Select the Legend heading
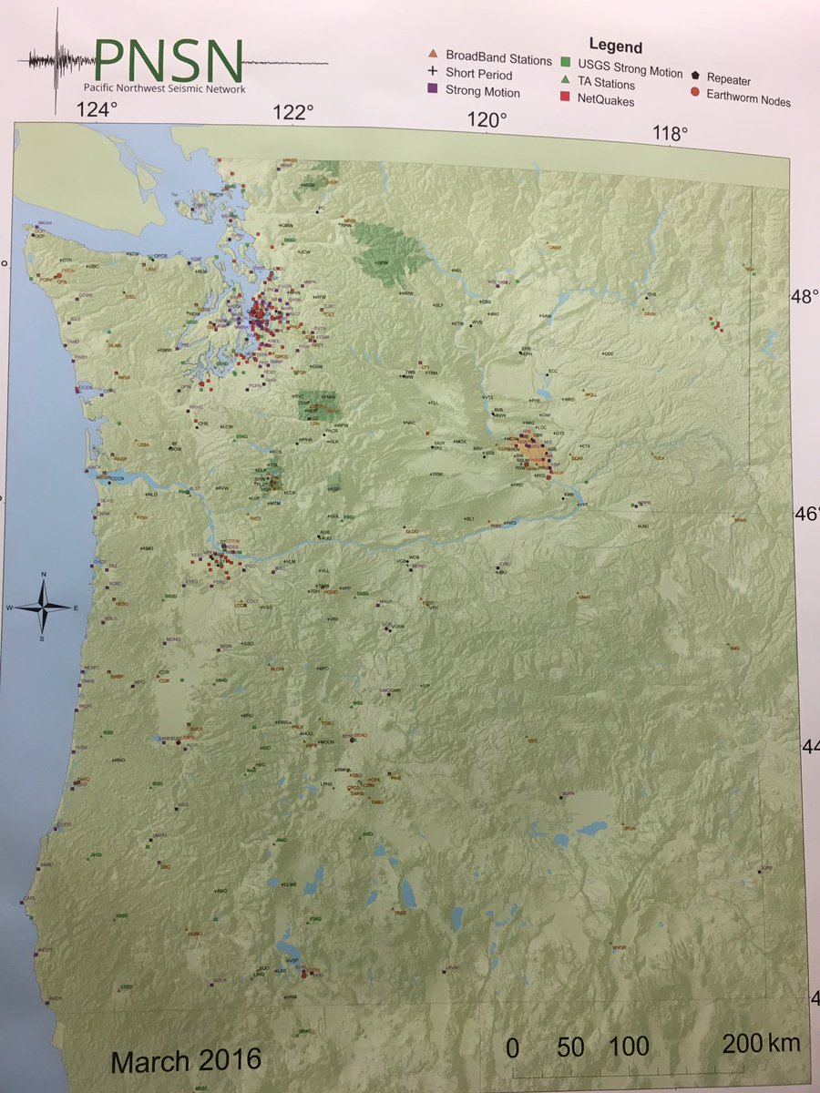point(615,46)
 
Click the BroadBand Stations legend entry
point(491,59)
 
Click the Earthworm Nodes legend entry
point(740,98)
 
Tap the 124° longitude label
point(97,110)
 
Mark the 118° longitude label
point(671,134)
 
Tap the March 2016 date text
point(186,1060)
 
